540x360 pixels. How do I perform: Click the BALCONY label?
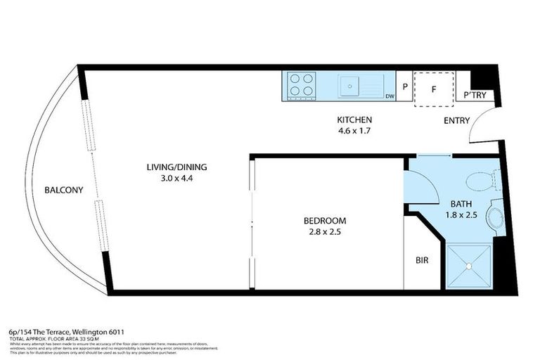[63, 190]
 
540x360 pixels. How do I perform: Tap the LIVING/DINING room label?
[176, 167]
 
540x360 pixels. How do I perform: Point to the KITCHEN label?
[354, 120]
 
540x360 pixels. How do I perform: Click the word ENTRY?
[456, 120]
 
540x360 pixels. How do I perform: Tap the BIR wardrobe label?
[423, 260]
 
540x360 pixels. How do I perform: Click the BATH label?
[461, 204]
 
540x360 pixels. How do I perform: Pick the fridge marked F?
[434, 89]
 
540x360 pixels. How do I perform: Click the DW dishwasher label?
[389, 96]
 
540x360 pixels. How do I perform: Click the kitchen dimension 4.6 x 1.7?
[354, 131]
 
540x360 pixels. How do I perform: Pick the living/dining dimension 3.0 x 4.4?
[176, 179]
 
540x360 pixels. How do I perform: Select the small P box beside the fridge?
[405, 87]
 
